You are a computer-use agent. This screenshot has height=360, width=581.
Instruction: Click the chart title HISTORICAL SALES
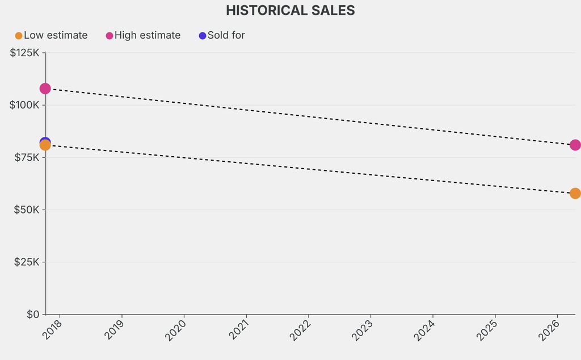pos(290,10)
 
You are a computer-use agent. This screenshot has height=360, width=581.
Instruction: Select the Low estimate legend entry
pos(55,35)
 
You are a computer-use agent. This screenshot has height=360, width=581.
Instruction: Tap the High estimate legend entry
pos(147,35)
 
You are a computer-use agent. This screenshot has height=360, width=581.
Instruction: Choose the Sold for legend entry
pos(226,35)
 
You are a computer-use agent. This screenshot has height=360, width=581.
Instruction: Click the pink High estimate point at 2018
pos(45,89)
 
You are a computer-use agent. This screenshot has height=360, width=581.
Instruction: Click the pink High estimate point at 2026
pos(575,145)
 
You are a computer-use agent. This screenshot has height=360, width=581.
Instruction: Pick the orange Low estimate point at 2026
pos(575,194)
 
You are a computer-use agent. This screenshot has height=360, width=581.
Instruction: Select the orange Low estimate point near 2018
pos(45,145)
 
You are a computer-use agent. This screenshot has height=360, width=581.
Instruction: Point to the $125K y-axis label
pos(24,53)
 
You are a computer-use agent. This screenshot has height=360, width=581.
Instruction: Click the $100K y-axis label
pos(24,105)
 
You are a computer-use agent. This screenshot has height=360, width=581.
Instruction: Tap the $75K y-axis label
pos(26,157)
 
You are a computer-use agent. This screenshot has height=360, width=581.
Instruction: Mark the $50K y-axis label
pos(26,210)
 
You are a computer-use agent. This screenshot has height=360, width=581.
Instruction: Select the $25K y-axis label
pos(26,262)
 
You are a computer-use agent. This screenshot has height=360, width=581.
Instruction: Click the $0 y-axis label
pos(33,314)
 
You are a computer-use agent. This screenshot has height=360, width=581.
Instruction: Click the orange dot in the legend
pos(19,36)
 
